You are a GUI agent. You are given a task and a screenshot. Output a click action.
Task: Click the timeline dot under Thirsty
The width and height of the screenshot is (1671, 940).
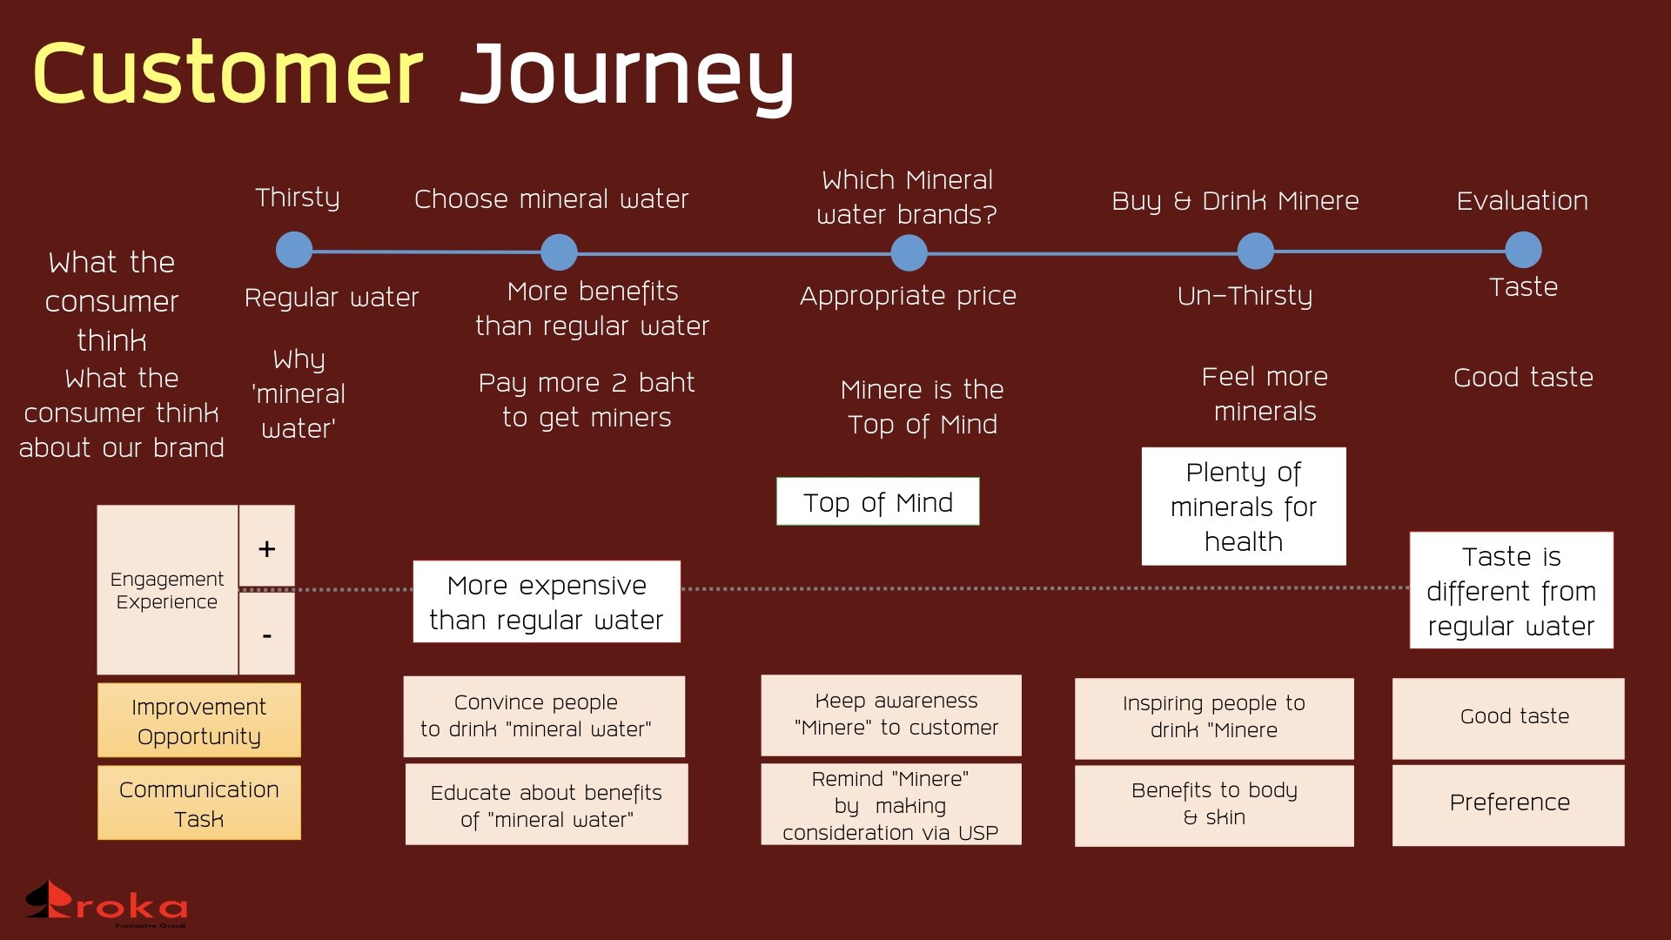(x=294, y=250)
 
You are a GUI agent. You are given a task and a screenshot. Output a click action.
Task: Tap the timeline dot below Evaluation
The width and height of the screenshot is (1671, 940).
(x=1523, y=250)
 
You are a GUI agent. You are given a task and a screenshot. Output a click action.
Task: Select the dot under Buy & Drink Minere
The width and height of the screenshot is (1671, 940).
(x=1255, y=251)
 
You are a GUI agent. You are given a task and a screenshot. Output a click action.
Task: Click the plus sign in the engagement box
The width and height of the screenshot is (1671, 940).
(x=266, y=548)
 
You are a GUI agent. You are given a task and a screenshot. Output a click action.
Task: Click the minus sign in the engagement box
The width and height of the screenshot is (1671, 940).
(x=266, y=635)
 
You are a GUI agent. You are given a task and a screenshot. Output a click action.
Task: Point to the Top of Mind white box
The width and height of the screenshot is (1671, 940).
(x=877, y=502)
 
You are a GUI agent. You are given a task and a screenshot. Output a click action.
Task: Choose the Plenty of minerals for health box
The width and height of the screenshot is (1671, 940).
(x=1243, y=507)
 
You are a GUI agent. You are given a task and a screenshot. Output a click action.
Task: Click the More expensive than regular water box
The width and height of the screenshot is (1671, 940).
(x=547, y=602)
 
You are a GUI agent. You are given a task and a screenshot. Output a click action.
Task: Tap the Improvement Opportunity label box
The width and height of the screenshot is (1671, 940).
(x=198, y=721)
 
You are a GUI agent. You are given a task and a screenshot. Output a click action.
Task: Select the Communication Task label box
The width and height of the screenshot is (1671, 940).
(x=198, y=803)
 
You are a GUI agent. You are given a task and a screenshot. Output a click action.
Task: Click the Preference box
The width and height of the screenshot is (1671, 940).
(x=1508, y=803)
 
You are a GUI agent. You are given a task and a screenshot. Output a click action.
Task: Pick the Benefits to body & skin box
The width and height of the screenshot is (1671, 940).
(x=1214, y=804)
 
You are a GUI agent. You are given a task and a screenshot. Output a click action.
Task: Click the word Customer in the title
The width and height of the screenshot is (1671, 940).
(x=228, y=74)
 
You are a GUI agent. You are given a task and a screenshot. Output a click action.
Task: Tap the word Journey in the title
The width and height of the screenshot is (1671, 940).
(x=627, y=77)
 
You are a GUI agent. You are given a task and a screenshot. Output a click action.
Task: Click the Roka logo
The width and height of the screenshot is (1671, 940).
(x=106, y=903)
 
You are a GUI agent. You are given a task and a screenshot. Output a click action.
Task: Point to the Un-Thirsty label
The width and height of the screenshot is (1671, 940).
(x=1245, y=296)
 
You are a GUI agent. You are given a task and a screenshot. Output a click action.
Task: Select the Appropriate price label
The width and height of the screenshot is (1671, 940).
(x=908, y=296)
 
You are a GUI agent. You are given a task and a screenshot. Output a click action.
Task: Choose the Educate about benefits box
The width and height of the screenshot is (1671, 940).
(x=547, y=805)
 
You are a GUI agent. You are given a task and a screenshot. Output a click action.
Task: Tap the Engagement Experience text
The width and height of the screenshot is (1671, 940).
(x=166, y=590)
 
